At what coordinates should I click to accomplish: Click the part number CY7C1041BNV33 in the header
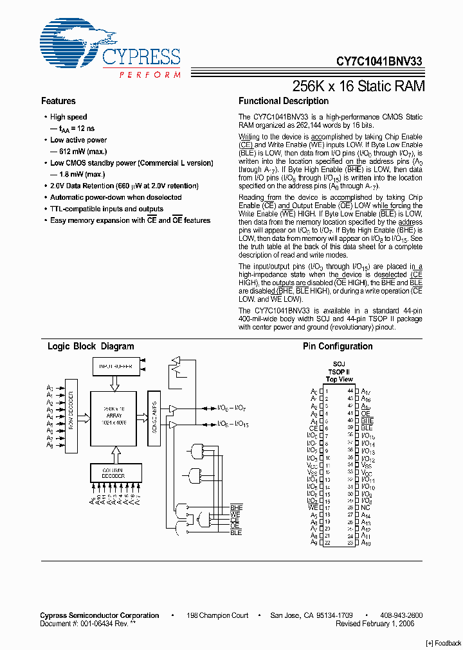click(379, 62)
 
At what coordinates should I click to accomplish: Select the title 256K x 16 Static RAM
click(358, 85)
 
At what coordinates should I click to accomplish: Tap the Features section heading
click(58, 101)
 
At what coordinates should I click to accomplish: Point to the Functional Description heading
click(283, 101)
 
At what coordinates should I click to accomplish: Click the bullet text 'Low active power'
click(78, 140)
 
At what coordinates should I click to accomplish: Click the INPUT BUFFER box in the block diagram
click(116, 366)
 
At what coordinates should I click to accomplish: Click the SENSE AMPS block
click(154, 417)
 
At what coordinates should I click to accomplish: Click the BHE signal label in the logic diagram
click(236, 507)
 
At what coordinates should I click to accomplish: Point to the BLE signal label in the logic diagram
click(236, 532)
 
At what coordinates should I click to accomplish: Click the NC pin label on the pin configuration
click(365, 507)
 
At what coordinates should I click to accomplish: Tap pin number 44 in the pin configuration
click(350, 391)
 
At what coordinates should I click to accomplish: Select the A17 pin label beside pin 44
click(365, 391)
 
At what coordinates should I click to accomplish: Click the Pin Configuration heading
click(338, 346)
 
